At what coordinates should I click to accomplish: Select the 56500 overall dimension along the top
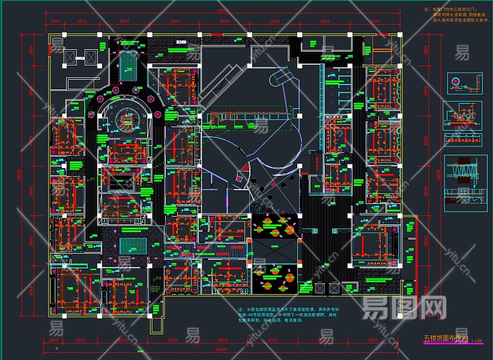[x=223, y=11]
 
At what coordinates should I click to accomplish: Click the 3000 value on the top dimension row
[x=54, y=22]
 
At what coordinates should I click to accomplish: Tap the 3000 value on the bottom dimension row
[x=54, y=340]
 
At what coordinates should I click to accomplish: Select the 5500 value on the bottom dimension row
[x=80, y=340]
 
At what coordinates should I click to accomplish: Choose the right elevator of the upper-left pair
[x=91, y=56]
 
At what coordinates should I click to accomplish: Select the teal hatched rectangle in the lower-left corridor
[x=132, y=247]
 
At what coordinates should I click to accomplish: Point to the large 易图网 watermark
[x=404, y=308]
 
